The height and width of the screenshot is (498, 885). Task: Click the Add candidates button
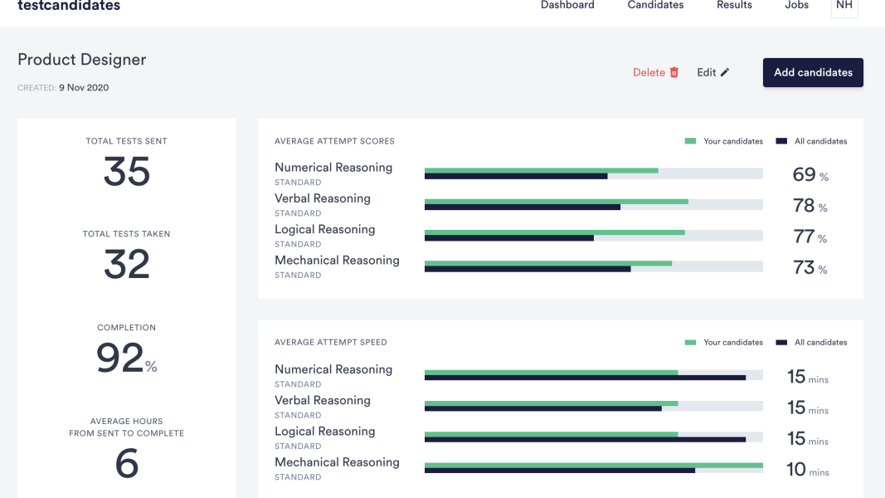[813, 72]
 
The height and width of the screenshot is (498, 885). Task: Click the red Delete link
[655, 72]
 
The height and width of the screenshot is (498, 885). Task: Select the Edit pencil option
[712, 72]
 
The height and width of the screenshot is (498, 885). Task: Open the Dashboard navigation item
[567, 5]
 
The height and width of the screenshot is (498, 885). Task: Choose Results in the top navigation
[734, 5]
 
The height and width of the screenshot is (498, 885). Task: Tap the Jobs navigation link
[796, 5]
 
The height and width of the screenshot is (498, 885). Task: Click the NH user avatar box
[844, 6]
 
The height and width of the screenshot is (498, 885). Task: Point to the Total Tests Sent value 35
[127, 172]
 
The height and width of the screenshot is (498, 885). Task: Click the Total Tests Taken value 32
[127, 265]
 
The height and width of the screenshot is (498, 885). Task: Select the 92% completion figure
[126, 359]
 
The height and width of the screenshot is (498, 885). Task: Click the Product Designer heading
[82, 60]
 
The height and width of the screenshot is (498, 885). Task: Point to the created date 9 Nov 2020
[84, 88]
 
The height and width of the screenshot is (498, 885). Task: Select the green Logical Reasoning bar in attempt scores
[554, 232]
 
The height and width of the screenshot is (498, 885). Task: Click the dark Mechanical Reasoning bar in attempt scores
[528, 269]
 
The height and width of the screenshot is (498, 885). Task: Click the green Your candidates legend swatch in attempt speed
[690, 342]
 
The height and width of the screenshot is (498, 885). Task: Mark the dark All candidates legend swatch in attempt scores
[781, 141]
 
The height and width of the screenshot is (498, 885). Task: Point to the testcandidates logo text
[69, 6]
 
